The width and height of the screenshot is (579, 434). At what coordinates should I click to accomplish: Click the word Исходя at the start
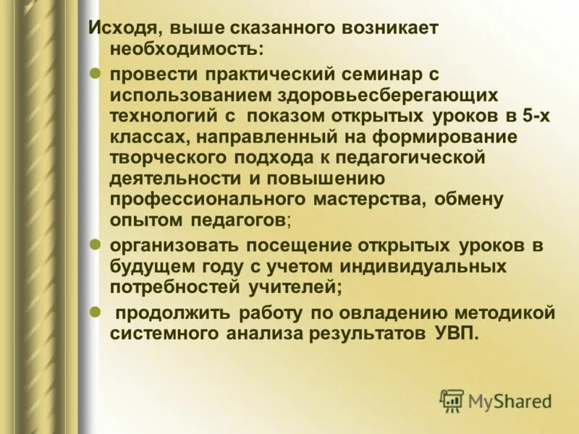pyautogui.click(x=119, y=29)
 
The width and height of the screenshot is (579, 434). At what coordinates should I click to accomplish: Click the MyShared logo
pyautogui.click(x=495, y=400)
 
